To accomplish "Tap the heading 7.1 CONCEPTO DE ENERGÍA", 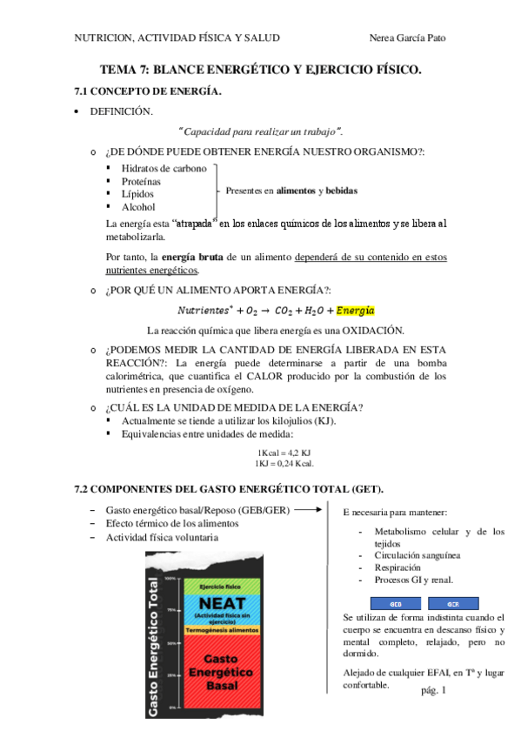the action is pos(148,91).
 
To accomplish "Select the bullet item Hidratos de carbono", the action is pos(164,168).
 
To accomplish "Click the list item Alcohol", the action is pos(138,207).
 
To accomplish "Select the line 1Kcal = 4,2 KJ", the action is pos(284,453).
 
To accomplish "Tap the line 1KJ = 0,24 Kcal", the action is pos(284,464).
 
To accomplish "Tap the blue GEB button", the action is pos(394,603).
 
